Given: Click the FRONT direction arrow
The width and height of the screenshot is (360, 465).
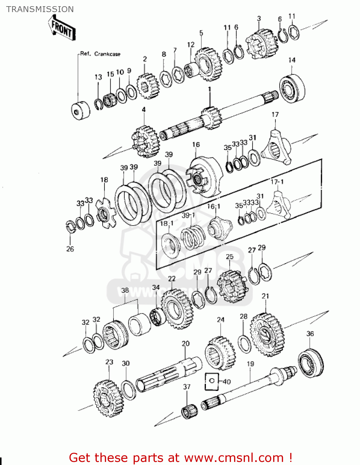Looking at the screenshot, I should click(x=62, y=29).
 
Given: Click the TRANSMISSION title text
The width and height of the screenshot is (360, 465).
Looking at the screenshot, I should click(x=40, y=9).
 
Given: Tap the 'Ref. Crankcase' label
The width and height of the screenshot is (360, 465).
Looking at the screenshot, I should click(x=100, y=54).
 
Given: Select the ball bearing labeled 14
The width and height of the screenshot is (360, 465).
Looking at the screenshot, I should click(x=292, y=88).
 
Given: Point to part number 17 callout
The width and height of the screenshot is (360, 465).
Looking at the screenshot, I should click(x=275, y=115).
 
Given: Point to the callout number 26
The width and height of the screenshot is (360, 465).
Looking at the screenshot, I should click(x=70, y=249).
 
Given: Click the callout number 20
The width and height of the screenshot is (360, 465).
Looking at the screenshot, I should click(x=185, y=343).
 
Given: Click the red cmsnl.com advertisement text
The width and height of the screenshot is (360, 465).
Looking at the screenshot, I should click(x=180, y=458).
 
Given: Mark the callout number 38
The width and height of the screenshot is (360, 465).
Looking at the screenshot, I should click(x=125, y=290).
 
